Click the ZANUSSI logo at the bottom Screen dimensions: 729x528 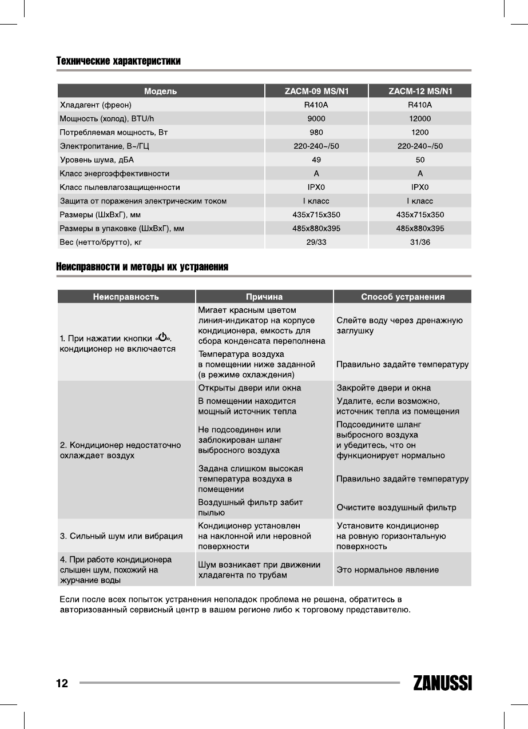pyautogui.click(x=442, y=683)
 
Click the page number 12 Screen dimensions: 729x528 pyautogui.click(x=62, y=683)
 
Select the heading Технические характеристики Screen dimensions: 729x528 pyautogui.click(x=118, y=61)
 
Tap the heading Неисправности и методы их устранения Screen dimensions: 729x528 pyautogui.click(x=142, y=267)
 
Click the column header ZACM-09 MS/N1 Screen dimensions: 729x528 pyautogui.click(x=316, y=91)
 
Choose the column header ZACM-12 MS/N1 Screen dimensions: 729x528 pyautogui.click(x=420, y=91)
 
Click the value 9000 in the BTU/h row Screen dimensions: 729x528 pyautogui.click(x=316, y=118)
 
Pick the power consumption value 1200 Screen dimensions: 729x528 pyautogui.click(x=420, y=132)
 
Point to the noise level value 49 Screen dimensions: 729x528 pyautogui.click(x=316, y=160)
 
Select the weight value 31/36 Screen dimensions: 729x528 pyautogui.click(x=420, y=242)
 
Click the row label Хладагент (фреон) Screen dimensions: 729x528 pyautogui.click(x=96, y=105)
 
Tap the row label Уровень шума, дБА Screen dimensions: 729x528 pyautogui.click(x=97, y=160)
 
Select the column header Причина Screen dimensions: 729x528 pyautogui.click(x=264, y=297)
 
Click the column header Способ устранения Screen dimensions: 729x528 pyautogui.click(x=403, y=297)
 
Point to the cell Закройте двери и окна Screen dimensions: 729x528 pyautogui.click(x=383, y=388)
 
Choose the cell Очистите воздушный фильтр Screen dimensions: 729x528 pyautogui.click(x=396, y=507)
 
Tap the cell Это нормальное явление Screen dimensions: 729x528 pyautogui.click(x=387, y=569)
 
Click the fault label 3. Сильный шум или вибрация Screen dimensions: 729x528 pyautogui.click(x=121, y=536)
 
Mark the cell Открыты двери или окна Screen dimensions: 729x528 pyautogui.click(x=249, y=388)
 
